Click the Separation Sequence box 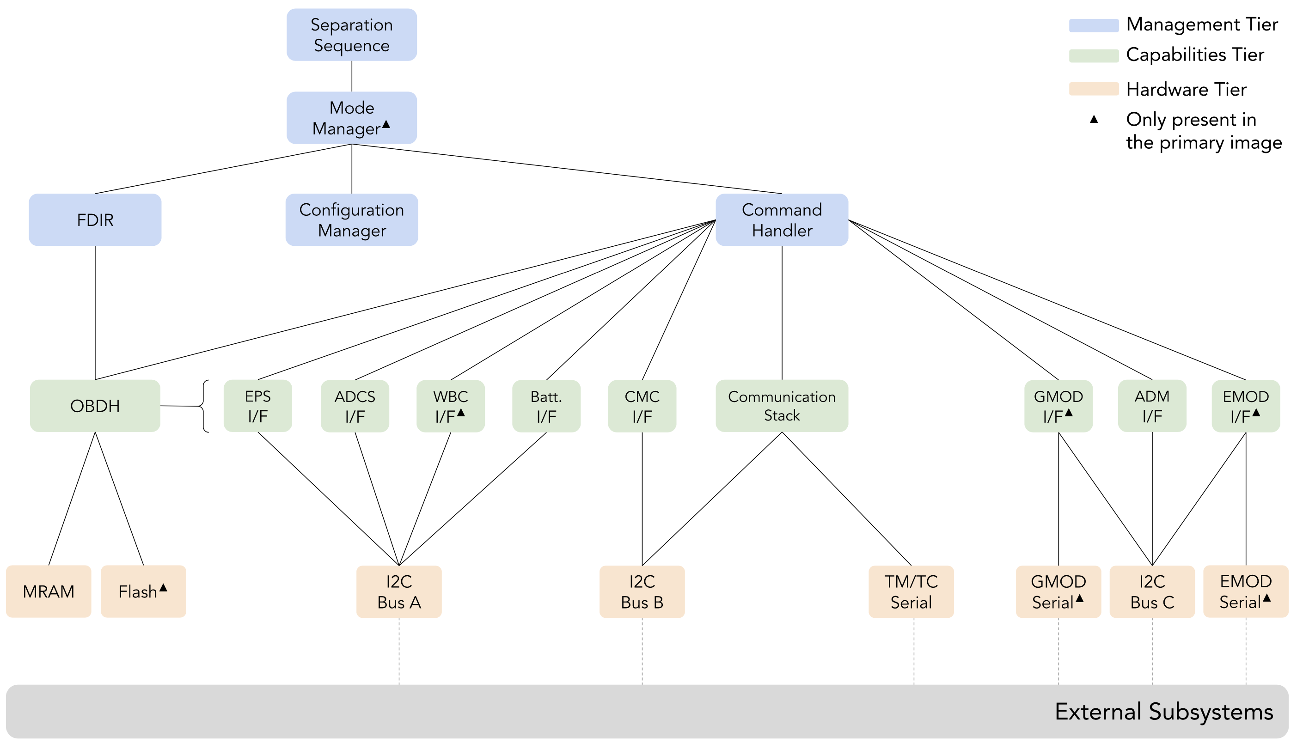[351, 35]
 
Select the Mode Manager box [351, 118]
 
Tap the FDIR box [95, 220]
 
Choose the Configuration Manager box [351, 220]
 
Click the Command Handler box [782, 220]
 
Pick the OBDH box [95, 406]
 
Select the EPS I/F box [258, 406]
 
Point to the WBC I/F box [450, 406]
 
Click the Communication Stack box [782, 406]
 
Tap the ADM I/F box [1151, 406]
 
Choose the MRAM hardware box [49, 591]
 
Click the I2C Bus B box [642, 591]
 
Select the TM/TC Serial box [911, 591]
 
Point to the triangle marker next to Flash [163, 588]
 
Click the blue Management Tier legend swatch [1093, 25]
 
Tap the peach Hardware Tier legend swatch [1093, 89]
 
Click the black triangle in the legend [1093, 119]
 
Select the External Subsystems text [1163, 712]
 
